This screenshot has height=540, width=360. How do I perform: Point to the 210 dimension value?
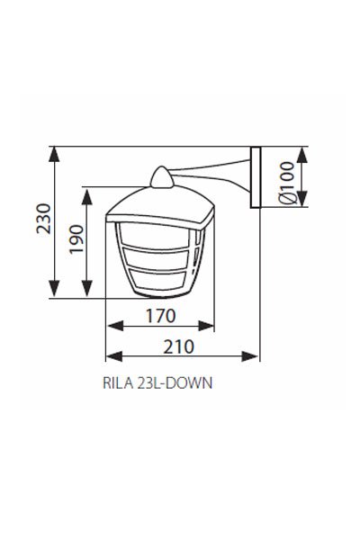coord(181,346)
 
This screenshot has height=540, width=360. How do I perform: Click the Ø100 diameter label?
coord(285,185)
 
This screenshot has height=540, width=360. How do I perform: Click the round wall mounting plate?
coord(256,177)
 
